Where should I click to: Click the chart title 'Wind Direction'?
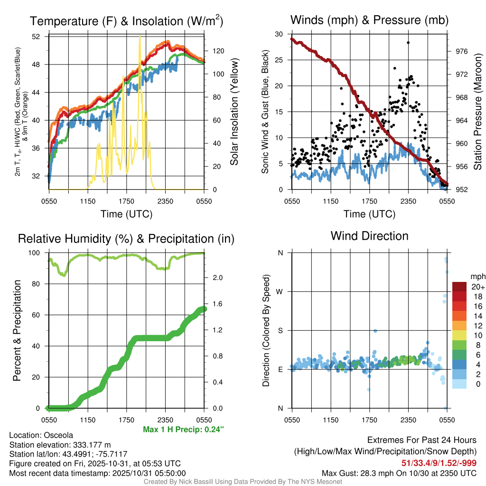coord(369,236)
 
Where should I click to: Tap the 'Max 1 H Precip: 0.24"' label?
coord(183,430)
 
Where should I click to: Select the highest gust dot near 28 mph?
coord(408,42)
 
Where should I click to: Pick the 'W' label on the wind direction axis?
coord(280,291)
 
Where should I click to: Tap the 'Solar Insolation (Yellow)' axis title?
coord(234,112)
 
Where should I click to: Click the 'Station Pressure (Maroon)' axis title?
coord(478,112)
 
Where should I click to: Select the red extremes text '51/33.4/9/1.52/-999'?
coord(439,463)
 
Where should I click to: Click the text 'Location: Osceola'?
coord(41,435)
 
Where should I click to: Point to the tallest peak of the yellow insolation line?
coord(140,36)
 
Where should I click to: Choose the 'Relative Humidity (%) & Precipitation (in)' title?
coord(126,239)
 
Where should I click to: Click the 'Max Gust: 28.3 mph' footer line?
coord(399,473)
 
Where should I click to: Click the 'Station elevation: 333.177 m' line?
coord(60,445)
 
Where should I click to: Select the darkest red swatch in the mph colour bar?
coord(459,287)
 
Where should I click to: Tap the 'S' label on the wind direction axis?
coord(280,330)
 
